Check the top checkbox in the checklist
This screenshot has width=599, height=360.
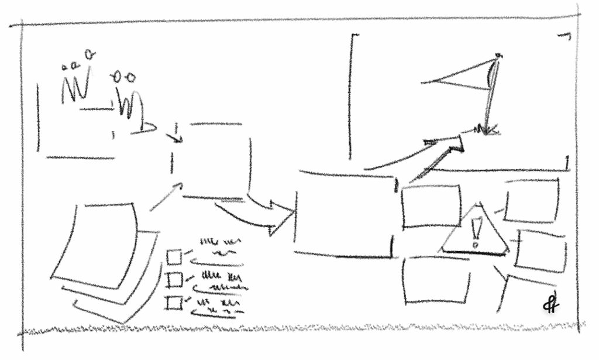(174, 257)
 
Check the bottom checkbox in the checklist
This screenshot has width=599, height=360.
(174, 303)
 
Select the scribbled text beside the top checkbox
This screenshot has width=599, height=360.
(219, 246)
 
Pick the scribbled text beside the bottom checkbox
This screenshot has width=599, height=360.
(216, 306)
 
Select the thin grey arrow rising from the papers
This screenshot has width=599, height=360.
(167, 197)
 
